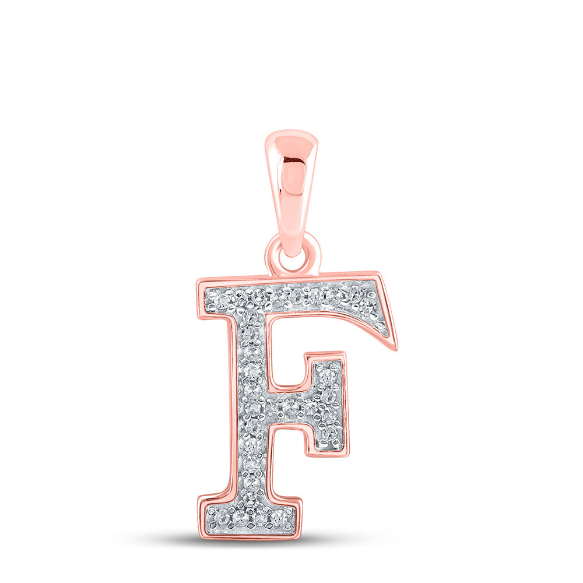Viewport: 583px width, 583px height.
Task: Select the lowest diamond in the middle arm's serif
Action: (329, 433)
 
